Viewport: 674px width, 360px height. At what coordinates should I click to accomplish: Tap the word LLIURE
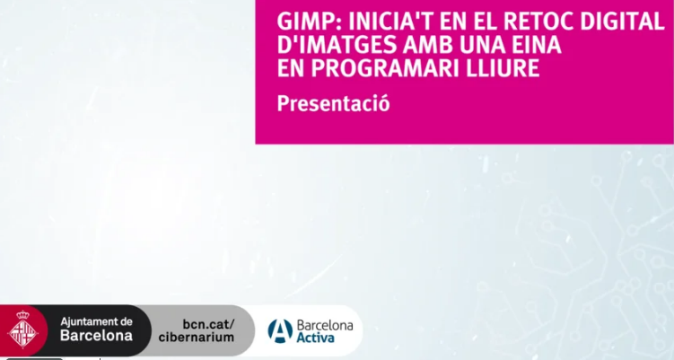pyautogui.click(x=502, y=68)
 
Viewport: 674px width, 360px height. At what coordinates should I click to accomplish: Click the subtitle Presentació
pyautogui.click(x=334, y=103)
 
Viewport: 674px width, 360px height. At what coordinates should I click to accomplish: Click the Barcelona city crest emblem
pyautogui.click(x=22, y=329)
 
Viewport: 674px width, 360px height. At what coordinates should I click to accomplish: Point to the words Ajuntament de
pyautogui.click(x=96, y=321)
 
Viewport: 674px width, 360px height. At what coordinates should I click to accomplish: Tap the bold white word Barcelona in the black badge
pyautogui.click(x=96, y=336)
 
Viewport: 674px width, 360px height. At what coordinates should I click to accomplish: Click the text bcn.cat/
pyautogui.click(x=209, y=324)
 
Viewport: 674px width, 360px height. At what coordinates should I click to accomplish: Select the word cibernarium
pyautogui.click(x=197, y=337)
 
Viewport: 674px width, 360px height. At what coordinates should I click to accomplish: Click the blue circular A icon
pyautogui.click(x=280, y=330)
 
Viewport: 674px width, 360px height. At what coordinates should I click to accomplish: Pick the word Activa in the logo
pyautogui.click(x=315, y=338)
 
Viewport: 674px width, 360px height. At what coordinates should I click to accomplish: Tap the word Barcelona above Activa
pyautogui.click(x=325, y=325)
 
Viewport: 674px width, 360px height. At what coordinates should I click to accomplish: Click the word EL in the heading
pyautogui.click(x=484, y=21)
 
